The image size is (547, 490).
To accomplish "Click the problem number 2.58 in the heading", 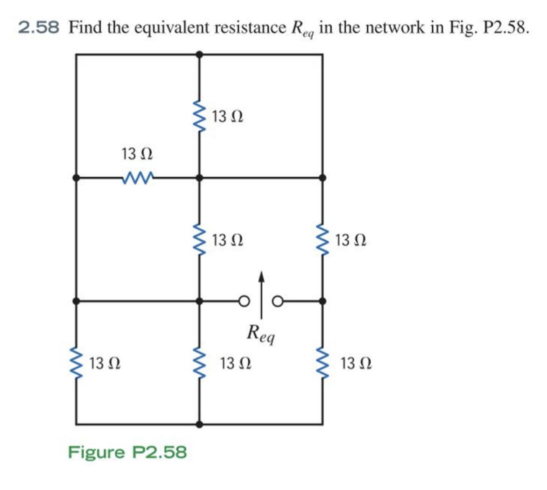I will (39, 28).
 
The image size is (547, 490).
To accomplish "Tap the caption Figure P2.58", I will (127, 452).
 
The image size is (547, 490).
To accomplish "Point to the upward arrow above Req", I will (262, 289).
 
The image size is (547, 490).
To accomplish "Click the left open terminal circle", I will (243, 301).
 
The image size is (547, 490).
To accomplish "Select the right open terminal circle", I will (279, 301).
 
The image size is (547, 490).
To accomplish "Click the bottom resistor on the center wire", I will (199, 363).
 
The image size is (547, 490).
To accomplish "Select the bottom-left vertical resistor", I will (76, 363).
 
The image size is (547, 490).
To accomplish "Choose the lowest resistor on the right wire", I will (322, 363).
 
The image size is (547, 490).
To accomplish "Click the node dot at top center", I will (199, 54).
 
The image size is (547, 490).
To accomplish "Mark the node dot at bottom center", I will (199, 424).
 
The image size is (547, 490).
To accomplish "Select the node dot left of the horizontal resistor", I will (76, 178).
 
